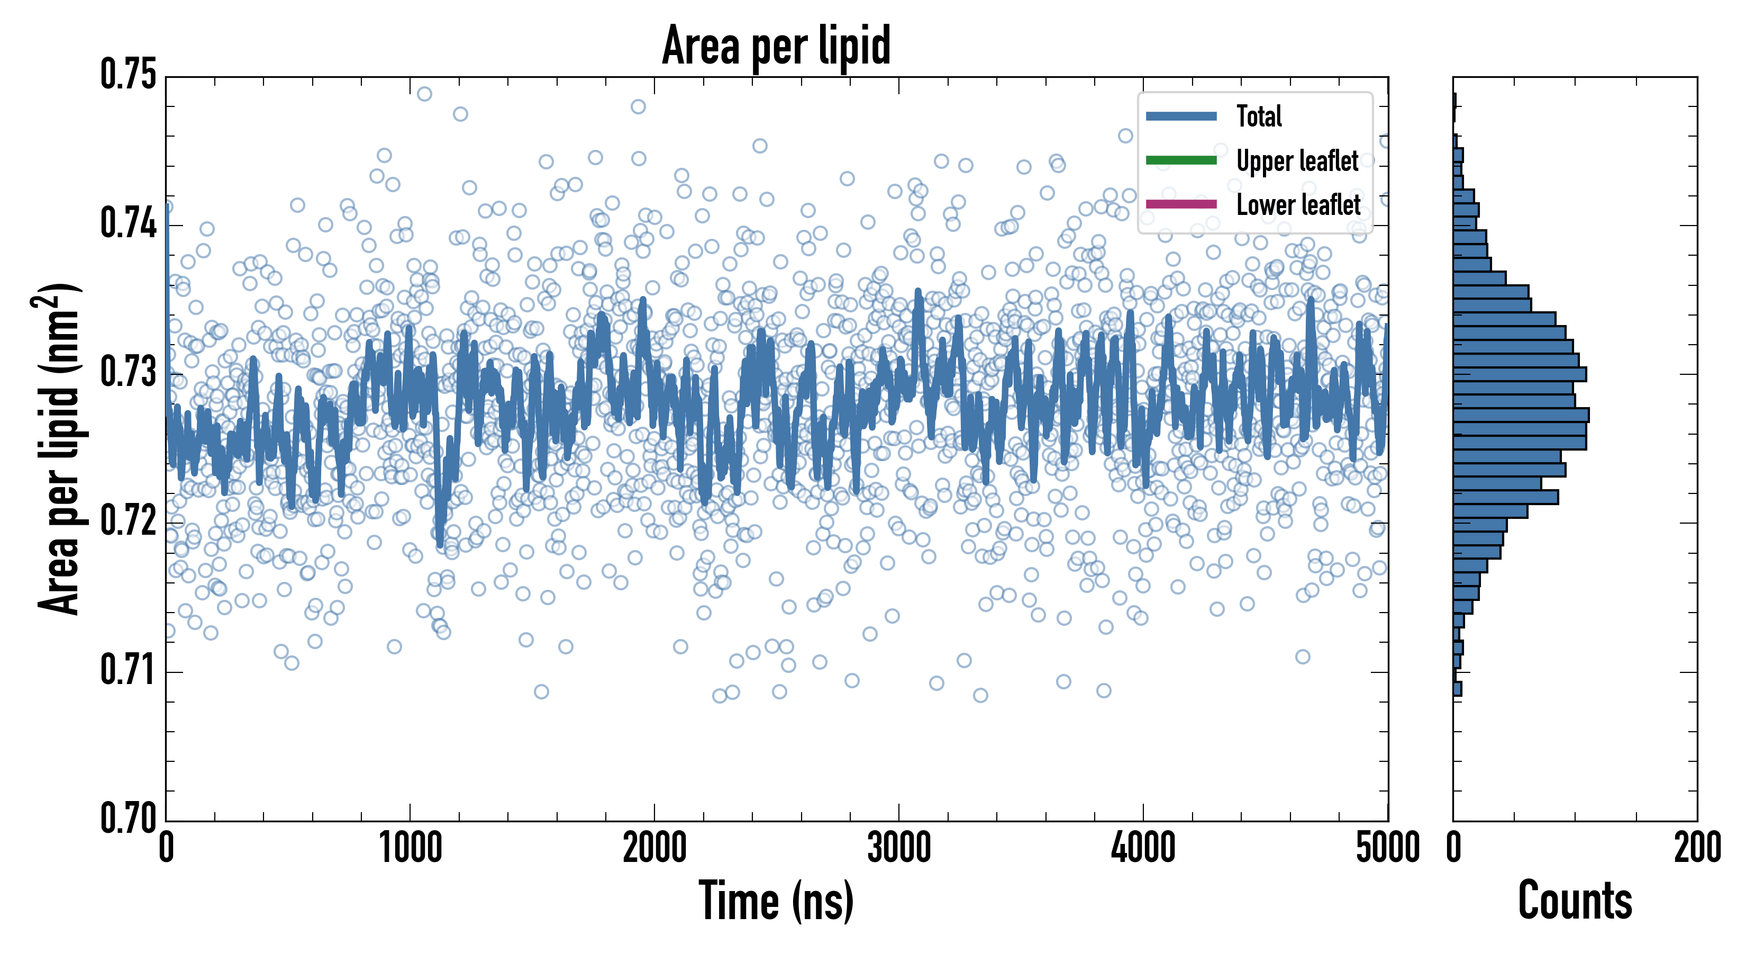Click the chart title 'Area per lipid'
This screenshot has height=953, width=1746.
click(776, 46)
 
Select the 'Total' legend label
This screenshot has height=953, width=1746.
click(1259, 116)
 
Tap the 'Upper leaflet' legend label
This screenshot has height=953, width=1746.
click(1297, 161)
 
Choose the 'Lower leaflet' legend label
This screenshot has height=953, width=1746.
click(1298, 204)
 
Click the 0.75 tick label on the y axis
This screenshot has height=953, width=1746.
click(128, 75)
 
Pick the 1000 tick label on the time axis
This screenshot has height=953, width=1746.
click(410, 848)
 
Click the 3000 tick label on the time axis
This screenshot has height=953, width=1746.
click(899, 848)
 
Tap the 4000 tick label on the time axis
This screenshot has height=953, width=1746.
click(1143, 848)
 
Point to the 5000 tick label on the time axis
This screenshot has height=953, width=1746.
click(1387, 848)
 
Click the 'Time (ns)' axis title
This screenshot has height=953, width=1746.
click(776, 901)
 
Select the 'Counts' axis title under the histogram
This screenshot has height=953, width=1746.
click(1575, 901)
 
